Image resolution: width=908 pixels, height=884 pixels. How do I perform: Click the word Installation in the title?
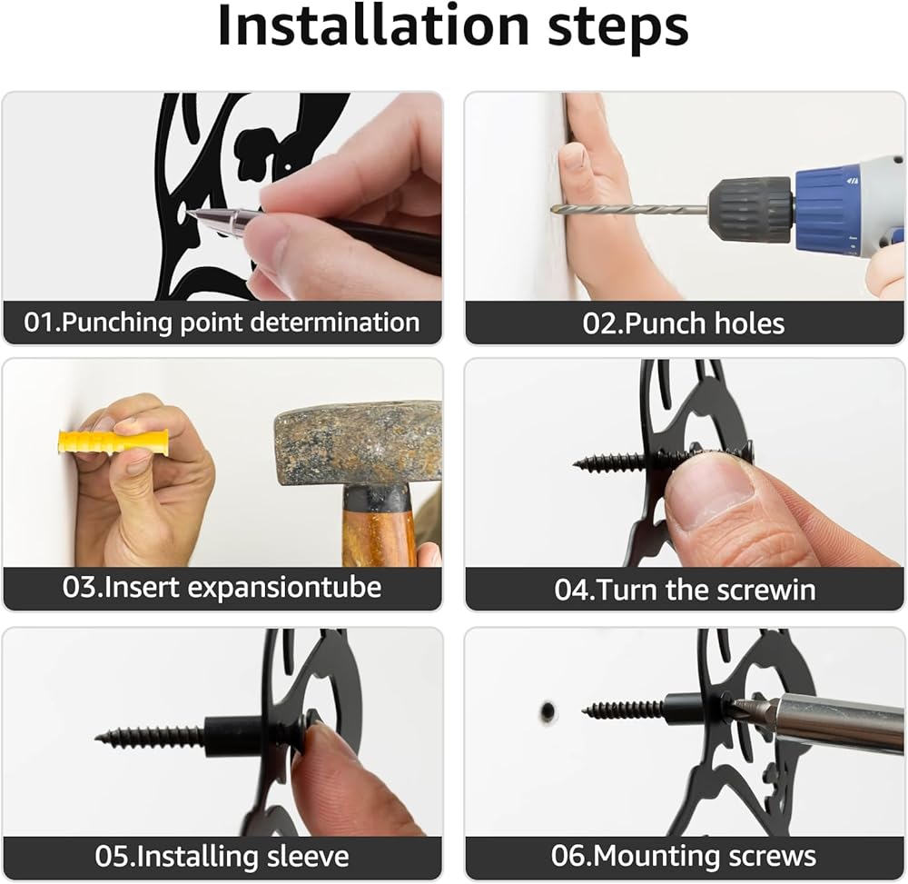pos(373,26)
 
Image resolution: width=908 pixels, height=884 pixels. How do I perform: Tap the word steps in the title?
pos(617,30)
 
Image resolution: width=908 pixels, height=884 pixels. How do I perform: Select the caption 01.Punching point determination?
pos(222,323)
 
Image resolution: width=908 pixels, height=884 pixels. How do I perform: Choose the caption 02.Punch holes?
pos(684,323)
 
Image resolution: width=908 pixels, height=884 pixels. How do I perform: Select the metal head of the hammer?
pos(358,443)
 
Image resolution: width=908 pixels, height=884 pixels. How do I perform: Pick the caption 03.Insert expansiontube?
pos(222,588)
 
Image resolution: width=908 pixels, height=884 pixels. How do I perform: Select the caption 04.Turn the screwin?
pos(685,590)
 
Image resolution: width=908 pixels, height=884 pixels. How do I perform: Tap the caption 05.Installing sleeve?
pos(222,856)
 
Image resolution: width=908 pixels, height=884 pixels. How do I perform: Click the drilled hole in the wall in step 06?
pos(548,711)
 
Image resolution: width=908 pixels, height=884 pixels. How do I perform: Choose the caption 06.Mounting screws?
pos(684,856)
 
